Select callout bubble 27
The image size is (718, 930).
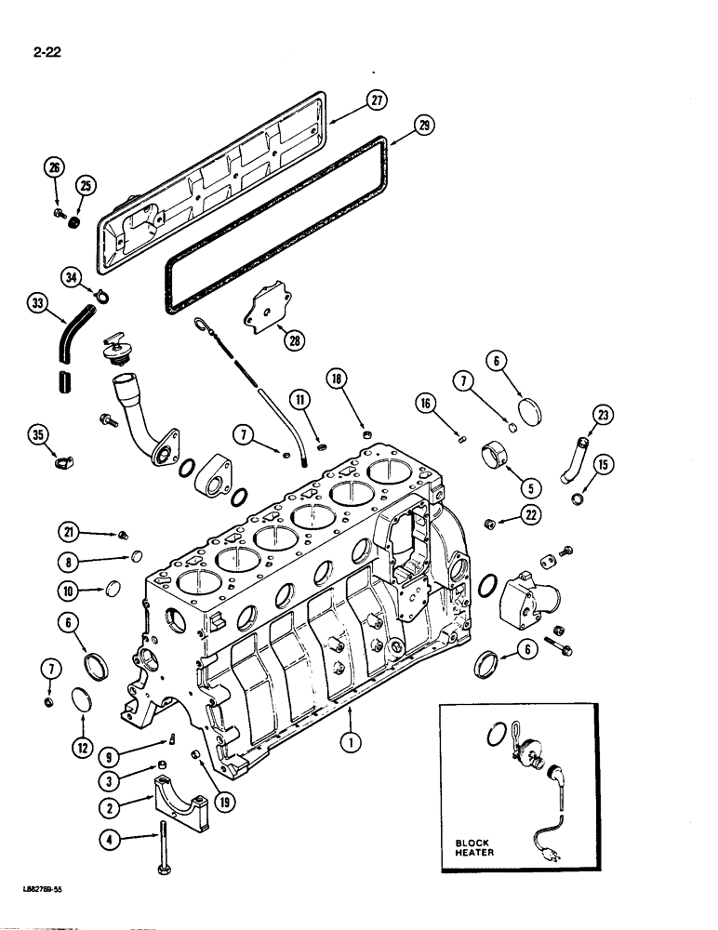tap(377, 101)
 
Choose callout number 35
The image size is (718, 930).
tap(38, 434)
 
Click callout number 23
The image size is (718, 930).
tap(605, 418)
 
